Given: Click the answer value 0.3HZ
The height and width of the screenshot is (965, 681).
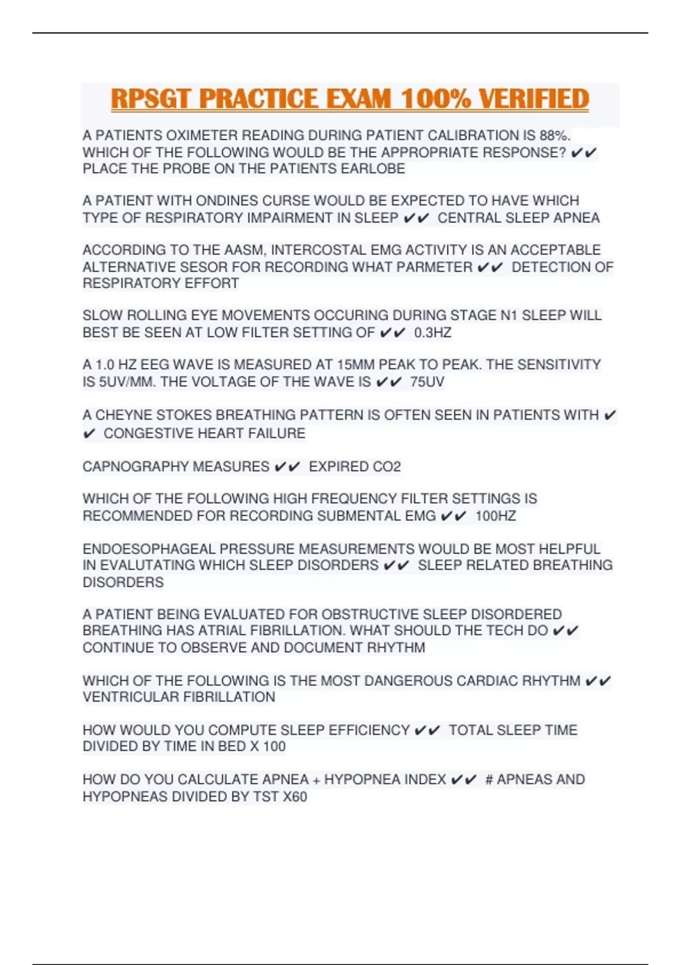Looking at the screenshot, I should (433, 333).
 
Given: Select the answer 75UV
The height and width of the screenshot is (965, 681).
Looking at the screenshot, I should (427, 382).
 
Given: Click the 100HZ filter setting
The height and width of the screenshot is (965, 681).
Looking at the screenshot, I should (495, 516).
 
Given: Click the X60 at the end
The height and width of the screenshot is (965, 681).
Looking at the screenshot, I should (295, 797).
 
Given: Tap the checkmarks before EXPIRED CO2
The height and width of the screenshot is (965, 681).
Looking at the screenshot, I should (287, 467).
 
